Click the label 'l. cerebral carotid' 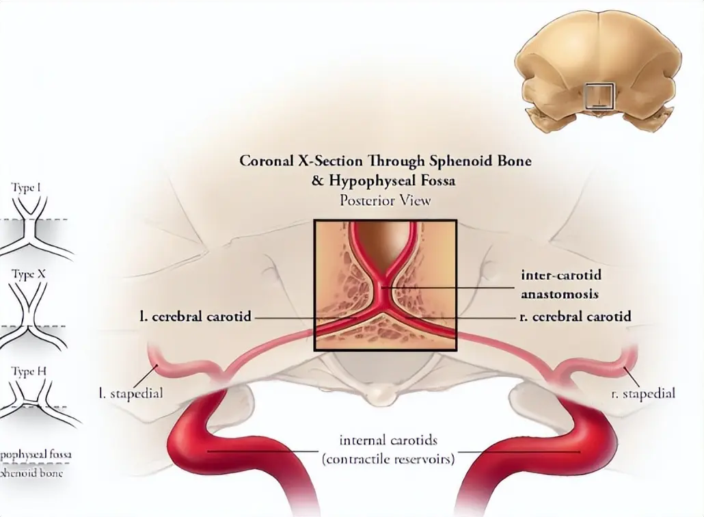click(195, 317)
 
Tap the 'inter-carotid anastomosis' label click(560, 285)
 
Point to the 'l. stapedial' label click(131, 394)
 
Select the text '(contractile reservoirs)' click(389, 459)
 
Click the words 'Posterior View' click(385, 200)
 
